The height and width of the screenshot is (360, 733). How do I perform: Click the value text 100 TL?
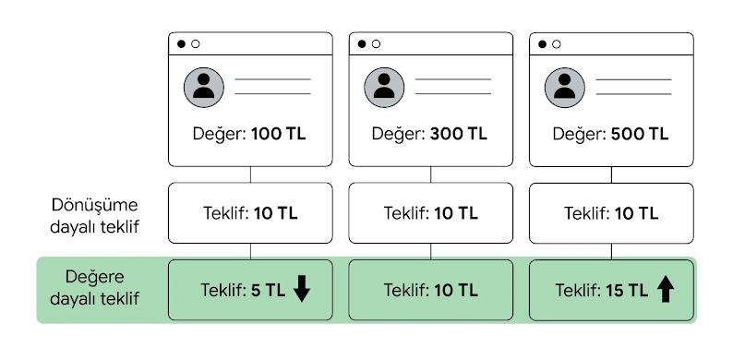click(278, 133)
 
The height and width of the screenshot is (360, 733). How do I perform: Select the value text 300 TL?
click(459, 133)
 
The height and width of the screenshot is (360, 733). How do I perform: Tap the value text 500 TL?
click(640, 133)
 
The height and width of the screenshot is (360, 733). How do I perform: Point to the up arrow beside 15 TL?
click(666, 290)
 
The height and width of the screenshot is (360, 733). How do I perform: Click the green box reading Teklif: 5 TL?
click(249, 290)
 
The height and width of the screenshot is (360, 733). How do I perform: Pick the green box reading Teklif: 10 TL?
click(430, 290)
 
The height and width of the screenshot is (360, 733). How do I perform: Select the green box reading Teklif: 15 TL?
click(611, 290)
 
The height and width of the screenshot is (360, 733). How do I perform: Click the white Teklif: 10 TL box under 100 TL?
click(249, 213)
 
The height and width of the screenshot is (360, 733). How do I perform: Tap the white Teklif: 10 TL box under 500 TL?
click(611, 213)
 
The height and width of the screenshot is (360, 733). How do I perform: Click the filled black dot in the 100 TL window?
click(181, 43)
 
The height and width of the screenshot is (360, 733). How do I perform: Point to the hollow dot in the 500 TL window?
click(558, 43)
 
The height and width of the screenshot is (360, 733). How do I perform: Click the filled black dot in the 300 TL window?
click(362, 43)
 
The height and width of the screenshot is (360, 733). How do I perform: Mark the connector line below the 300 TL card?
click(431, 174)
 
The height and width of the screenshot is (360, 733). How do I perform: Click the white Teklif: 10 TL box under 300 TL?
click(430, 213)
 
